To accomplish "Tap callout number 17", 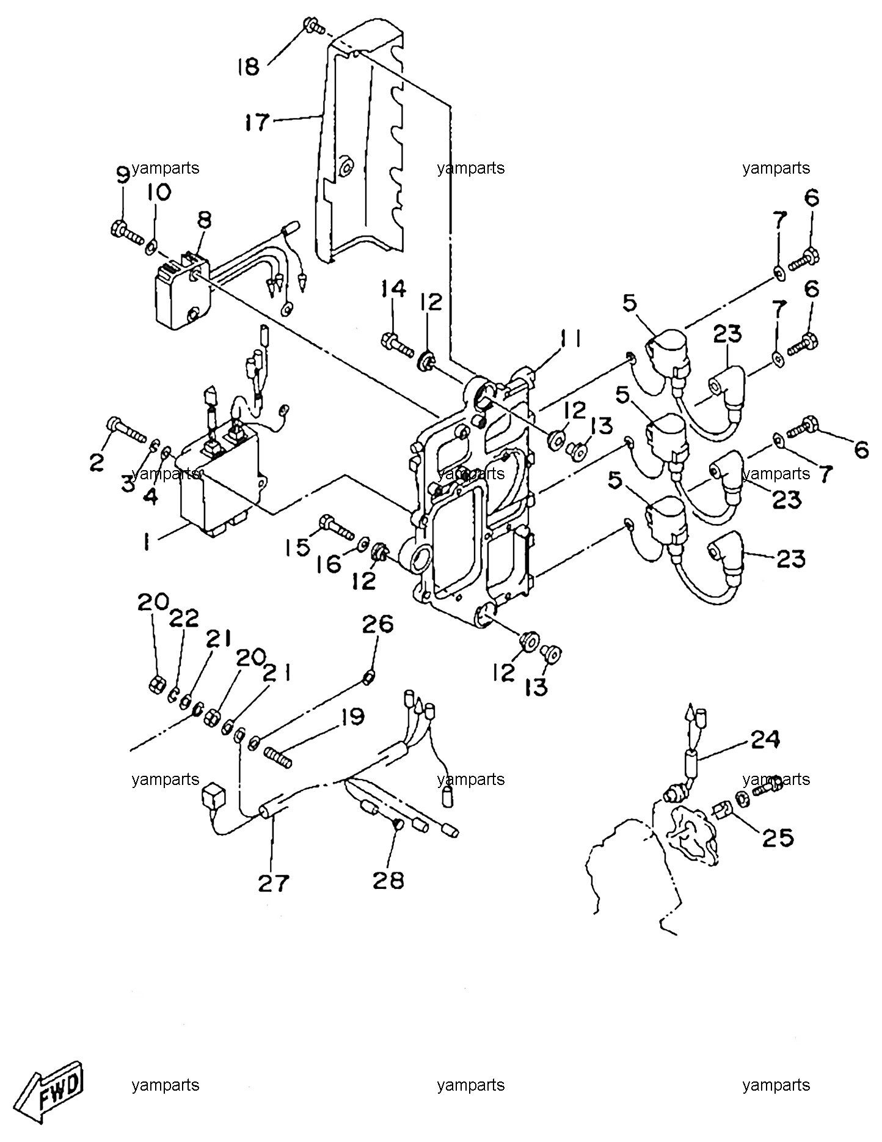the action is pyautogui.click(x=257, y=122).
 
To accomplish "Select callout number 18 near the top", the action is pyautogui.click(x=249, y=66).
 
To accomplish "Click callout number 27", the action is pyautogui.click(x=273, y=883).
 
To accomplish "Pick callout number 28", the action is pyautogui.click(x=389, y=880).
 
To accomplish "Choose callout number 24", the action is pyautogui.click(x=765, y=740).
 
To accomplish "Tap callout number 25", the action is pyautogui.click(x=778, y=837).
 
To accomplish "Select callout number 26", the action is pyautogui.click(x=378, y=624).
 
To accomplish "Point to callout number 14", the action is pyautogui.click(x=395, y=289).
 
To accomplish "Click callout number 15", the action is pyautogui.click(x=299, y=547).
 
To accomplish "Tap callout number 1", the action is pyautogui.click(x=147, y=542).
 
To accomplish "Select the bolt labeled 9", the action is pyautogui.click(x=129, y=234).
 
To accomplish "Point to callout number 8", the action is pyautogui.click(x=204, y=220).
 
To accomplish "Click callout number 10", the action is pyautogui.click(x=158, y=192).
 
